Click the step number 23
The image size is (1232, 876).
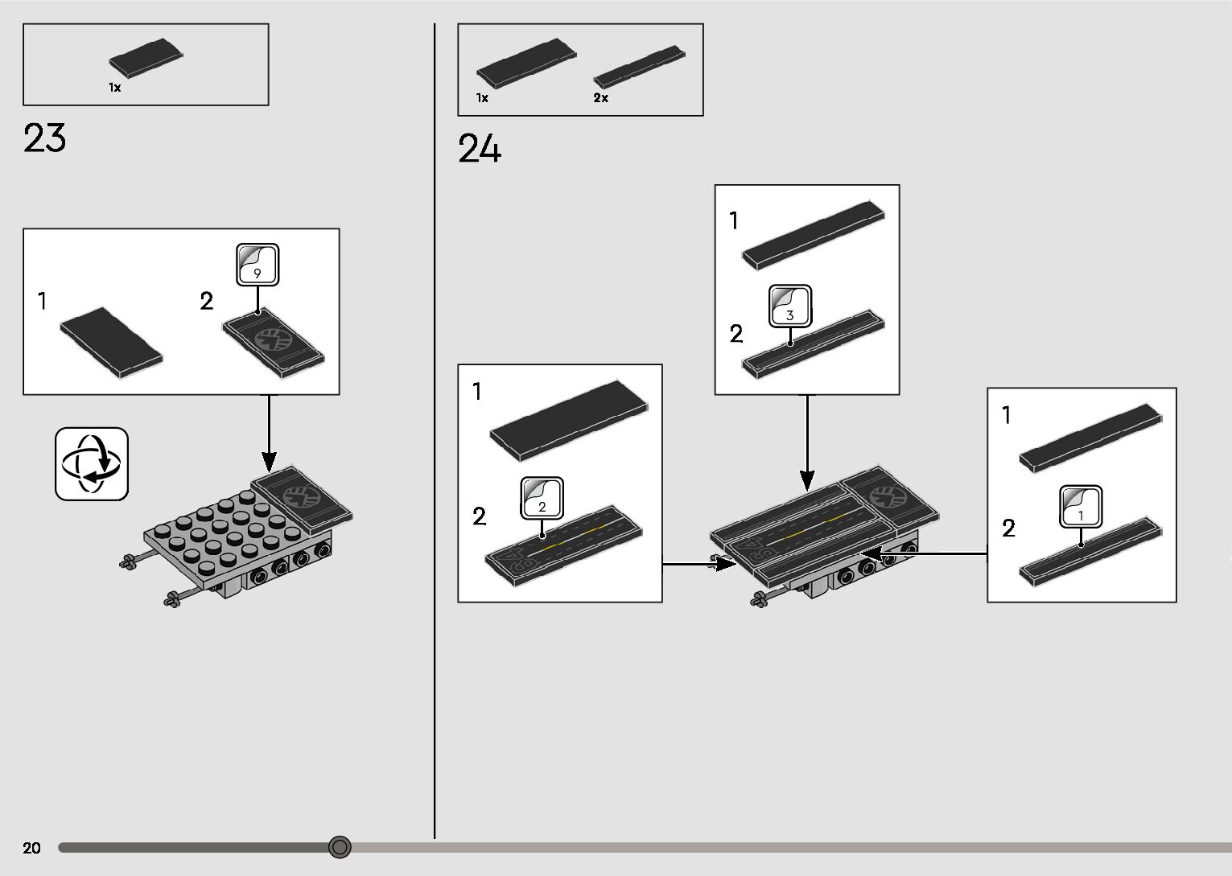(45, 138)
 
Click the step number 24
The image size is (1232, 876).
(480, 150)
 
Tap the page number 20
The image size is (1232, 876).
(32, 848)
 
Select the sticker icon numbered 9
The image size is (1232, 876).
(258, 265)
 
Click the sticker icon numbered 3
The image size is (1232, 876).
(790, 306)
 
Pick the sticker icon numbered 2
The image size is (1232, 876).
(542, 499)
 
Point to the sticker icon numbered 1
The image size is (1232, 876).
(1081, 507)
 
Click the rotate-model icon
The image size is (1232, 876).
(92, 464)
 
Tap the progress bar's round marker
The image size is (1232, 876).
(340, 846)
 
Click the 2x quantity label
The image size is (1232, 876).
(601, 98)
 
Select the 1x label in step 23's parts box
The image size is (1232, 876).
(115, 88)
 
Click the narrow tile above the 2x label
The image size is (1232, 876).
(639, 67)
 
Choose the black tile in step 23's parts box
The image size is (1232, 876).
(146, 58)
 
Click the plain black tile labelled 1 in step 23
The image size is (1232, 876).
(111, 342)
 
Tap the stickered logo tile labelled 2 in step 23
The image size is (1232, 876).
(274, 343)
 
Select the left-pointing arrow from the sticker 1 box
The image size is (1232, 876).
(925, 553)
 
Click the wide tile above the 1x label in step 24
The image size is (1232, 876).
(526, 62)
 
